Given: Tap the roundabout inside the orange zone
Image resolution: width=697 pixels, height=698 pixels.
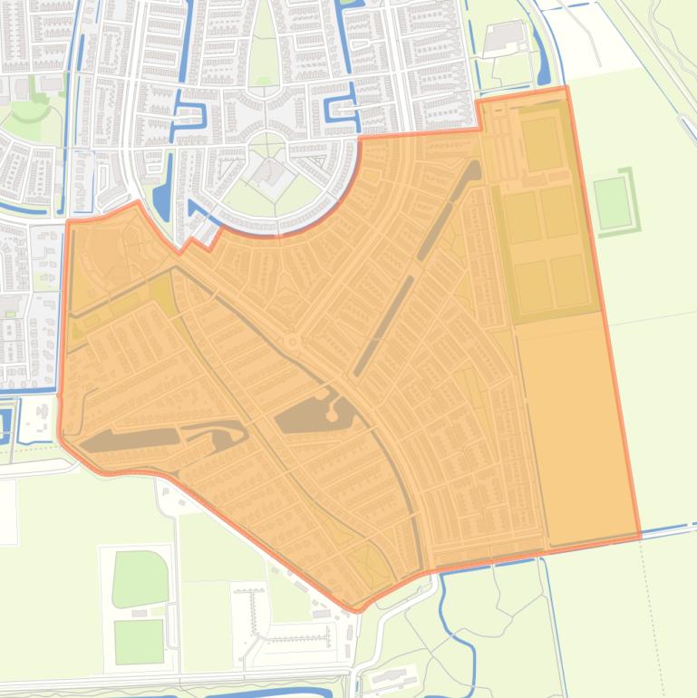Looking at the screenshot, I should (x=293, y=342).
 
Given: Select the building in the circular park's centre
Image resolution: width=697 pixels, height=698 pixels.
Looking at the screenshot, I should (x=268, y=171).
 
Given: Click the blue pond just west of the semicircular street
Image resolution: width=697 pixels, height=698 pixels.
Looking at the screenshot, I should (x=162, y=201).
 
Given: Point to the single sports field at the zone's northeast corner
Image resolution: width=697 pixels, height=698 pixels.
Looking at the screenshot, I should (x=542, y=144).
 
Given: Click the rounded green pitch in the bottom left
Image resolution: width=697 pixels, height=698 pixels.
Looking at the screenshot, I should (x=140, y=578).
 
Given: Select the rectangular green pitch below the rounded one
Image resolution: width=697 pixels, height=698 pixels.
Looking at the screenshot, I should (x=139, y=641).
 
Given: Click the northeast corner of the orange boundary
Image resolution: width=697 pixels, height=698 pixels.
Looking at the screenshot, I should (x=566, y=88).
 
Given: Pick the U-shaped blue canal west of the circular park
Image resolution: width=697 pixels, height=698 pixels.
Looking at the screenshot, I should (x=189, y=113).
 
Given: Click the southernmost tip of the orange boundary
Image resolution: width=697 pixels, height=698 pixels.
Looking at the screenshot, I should (x=357, y=610).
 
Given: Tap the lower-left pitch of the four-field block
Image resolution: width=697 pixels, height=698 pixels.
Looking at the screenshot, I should (x=533, y=285).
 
